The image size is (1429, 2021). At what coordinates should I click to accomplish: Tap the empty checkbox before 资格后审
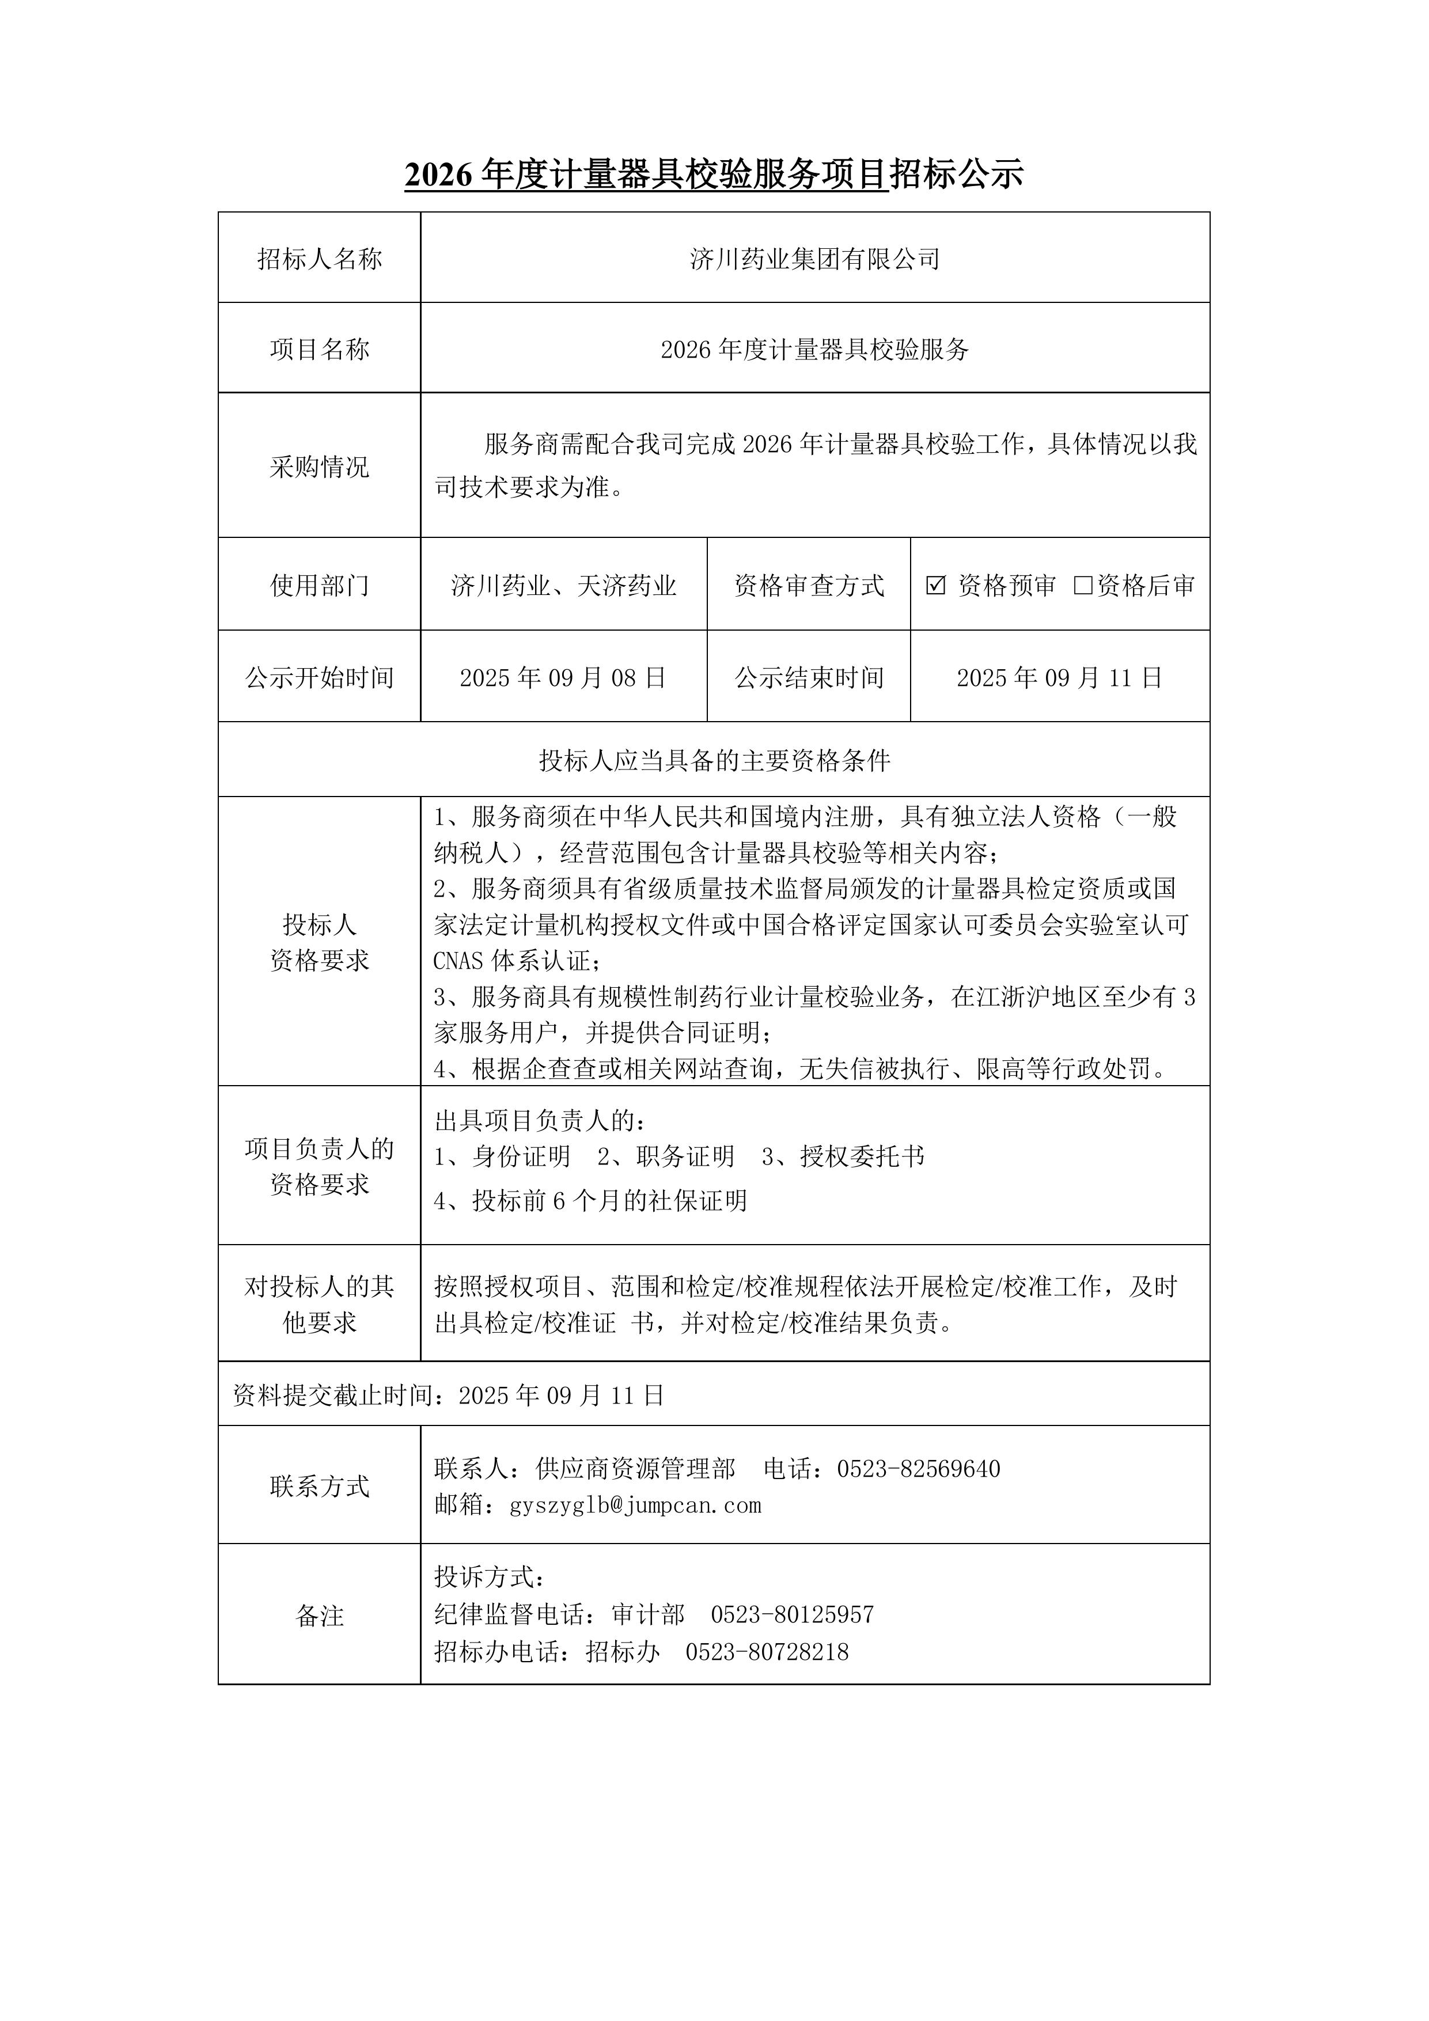tap(1082, 585)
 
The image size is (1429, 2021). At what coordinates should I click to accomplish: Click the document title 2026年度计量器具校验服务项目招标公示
tap(713, 175)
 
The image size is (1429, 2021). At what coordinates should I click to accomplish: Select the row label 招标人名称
tap(320, 259)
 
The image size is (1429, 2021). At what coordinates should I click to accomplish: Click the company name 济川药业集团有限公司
tap(814, 259)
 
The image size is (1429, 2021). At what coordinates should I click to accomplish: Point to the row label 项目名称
tap(320, 350)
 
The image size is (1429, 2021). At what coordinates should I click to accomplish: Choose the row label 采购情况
tap(320, 467)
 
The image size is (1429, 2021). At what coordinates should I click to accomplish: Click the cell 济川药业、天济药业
tap(563, 585)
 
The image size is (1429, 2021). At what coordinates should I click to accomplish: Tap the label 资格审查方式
tap(808, 585)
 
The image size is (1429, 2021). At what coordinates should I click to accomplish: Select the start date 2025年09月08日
tap(563, 678)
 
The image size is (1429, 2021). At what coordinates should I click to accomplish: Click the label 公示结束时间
tap(808, 678)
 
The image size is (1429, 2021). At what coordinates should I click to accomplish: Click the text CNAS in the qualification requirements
tap(458, 960)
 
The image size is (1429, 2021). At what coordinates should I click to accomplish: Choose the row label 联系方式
tap(320, 1487)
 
